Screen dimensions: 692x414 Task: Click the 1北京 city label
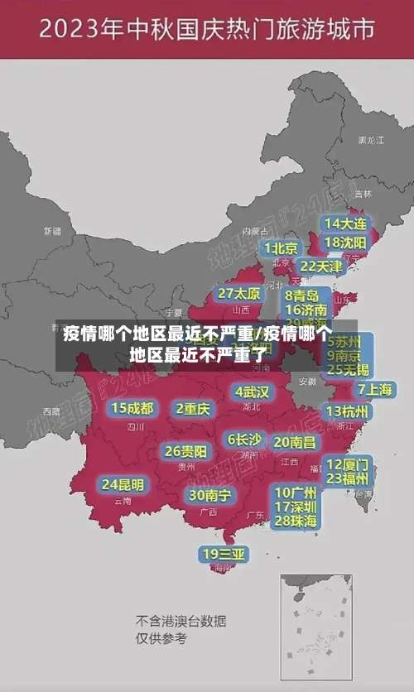point(282,247)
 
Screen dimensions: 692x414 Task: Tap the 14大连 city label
point(345,223)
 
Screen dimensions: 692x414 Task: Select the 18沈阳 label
point(345,243)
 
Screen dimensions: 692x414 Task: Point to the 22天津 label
point(320,267)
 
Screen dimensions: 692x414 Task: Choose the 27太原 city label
point(239,294)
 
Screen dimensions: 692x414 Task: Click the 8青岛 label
point(301,296)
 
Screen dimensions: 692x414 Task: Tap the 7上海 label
point(375,389)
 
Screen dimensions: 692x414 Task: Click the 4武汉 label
point(252,392)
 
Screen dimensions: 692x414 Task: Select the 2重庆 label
point(193,408)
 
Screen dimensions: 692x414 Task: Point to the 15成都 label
point(132,408)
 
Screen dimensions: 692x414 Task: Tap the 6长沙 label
point(245,439)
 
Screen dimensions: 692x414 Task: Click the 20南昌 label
point(295,442)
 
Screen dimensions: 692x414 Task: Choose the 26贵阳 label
point(185,451)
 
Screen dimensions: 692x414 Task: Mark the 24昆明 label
point(123,484)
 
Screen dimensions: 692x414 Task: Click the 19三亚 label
point(224,554)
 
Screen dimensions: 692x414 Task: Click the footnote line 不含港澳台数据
point(181,621)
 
